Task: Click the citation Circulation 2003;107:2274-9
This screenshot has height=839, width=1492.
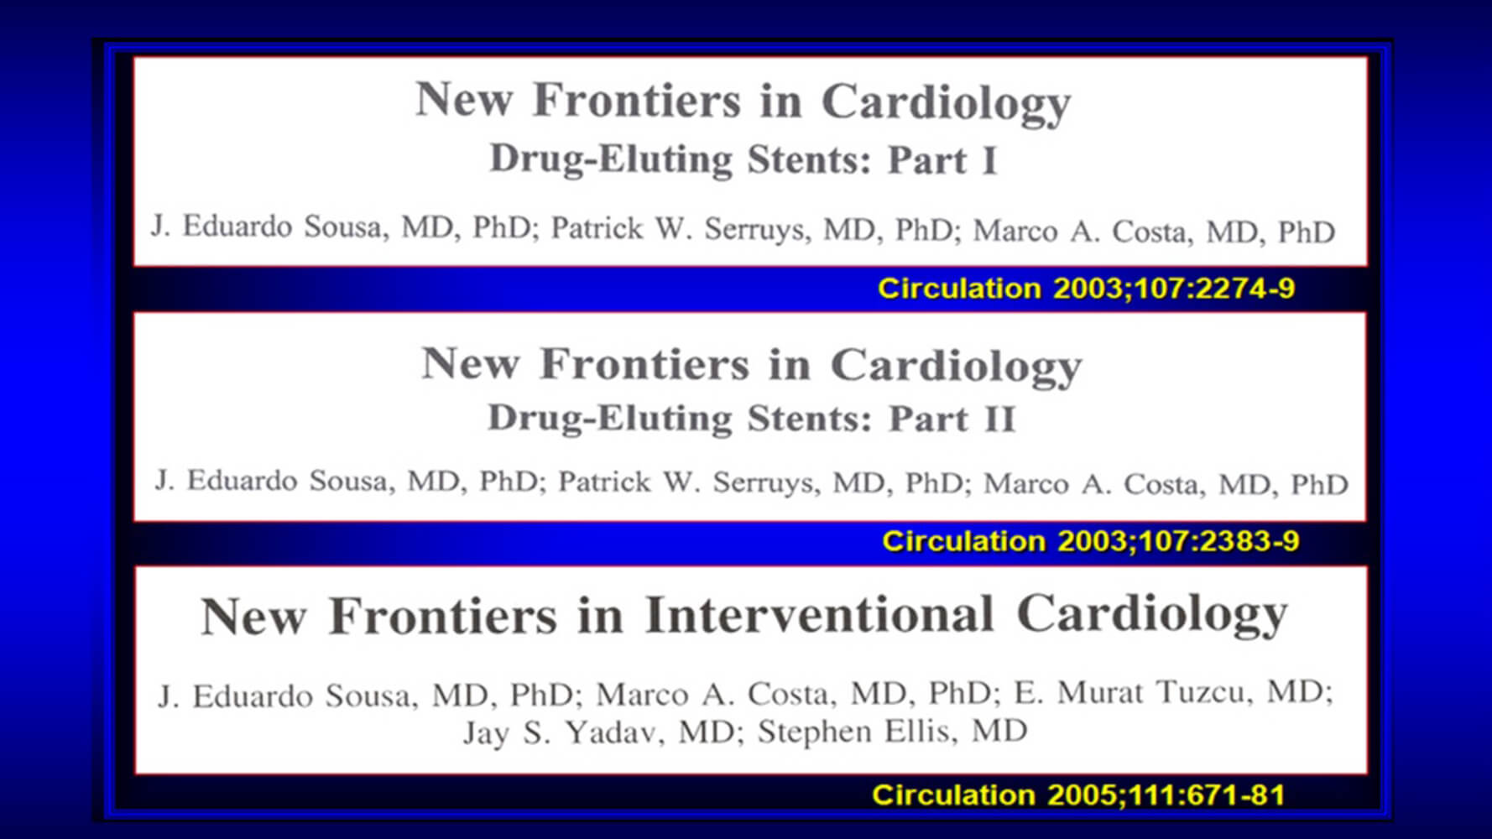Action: [1086, 289]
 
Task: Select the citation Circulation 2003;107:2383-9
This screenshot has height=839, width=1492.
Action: [1091, 541]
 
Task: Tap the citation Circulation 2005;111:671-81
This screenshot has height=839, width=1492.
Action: [1079, 795]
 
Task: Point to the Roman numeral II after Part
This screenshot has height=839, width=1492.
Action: [999, 419]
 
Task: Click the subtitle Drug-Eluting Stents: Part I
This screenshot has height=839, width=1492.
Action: [743, 159]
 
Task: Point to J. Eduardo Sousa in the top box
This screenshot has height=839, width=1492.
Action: [267, 227]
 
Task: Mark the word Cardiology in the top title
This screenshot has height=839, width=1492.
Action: [946, 104]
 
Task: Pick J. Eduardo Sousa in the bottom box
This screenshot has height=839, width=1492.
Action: [282, 696]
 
